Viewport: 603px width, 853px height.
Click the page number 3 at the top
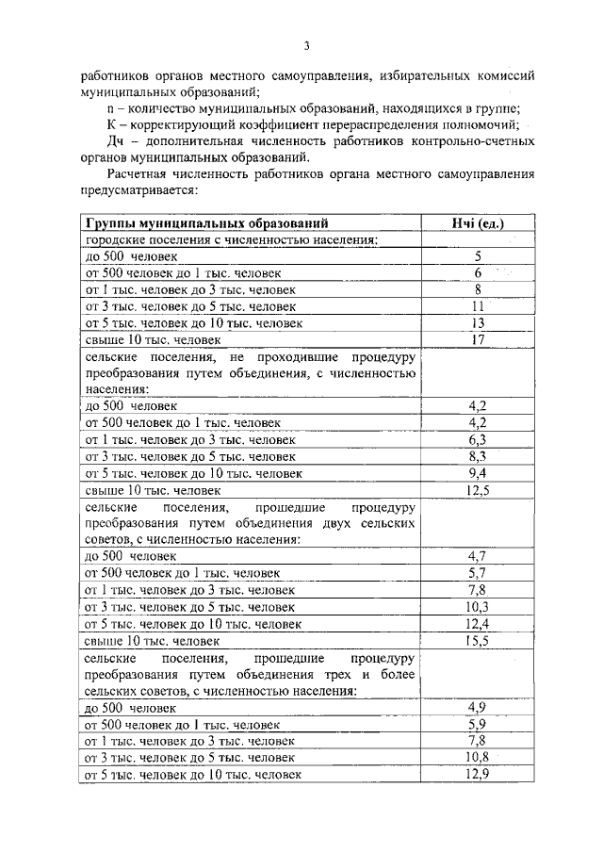pos(306,44)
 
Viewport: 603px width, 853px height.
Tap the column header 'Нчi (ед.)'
pos(478,223)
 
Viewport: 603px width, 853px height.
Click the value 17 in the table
pos(478,340)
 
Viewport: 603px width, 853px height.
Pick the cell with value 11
pos(478,306)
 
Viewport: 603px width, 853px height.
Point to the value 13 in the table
pos(478,323)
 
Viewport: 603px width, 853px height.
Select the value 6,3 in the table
pos(478,439)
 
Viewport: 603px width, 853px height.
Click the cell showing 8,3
pos(478,456)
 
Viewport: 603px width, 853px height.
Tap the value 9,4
pos(478,473)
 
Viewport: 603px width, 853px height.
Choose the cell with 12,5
pos(478,490)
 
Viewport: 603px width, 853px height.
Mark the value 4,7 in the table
pos(478,556)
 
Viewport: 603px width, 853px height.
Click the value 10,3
pos(478,606)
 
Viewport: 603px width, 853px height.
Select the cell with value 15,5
pos(478,640)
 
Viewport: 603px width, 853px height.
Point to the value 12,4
pos(478,623)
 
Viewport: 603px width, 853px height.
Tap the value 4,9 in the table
pos(478,707)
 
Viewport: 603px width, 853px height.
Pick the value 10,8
pos(478,757)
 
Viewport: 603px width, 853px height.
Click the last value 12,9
pos(478,774)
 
